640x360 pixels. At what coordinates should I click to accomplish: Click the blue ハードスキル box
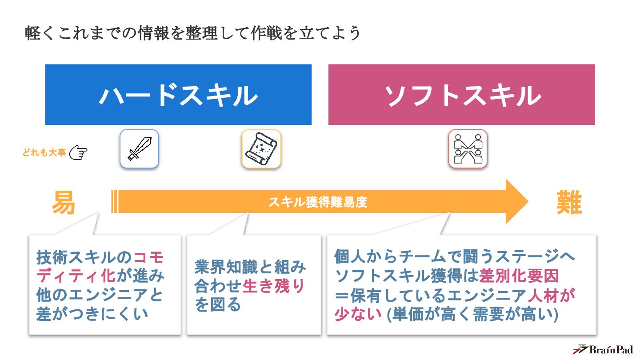click(178, 95)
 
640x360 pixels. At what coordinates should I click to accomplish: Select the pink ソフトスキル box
click(461, 95)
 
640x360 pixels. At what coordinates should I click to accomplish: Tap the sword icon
click(139, 149)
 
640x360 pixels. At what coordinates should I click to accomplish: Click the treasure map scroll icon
click(261, 149)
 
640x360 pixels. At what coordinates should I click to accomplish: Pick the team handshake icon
click(468, 149)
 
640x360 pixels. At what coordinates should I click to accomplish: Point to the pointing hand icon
click(78, 152)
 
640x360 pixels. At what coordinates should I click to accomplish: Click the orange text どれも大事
click(44, 153)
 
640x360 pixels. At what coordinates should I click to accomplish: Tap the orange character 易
click(63, 203)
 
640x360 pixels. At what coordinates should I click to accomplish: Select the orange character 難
click(569, 203)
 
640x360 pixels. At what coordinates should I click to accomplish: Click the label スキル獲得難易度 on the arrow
click(318, 202)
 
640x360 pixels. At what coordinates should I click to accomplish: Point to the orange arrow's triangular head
click(516, 202)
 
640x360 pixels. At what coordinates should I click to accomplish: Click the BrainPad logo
click(603, 349)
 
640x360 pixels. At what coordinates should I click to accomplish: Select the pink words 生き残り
click(273, 286)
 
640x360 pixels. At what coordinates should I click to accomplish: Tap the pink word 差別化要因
click(519, 276)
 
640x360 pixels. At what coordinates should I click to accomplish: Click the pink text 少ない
click(358, 314)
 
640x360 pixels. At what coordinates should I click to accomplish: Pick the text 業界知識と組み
click(250, 267)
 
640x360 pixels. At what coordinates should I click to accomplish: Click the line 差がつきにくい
click(92, 314)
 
